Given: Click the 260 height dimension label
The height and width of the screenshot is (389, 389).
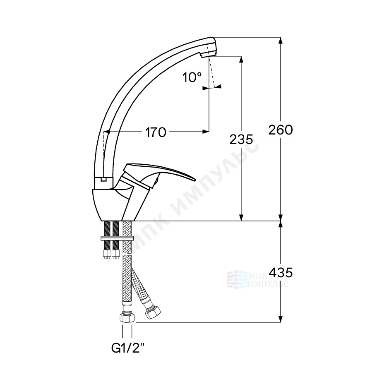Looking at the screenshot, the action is click(x=281, y=130).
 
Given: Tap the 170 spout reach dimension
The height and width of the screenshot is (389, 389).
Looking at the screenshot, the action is click(x=155, y=132).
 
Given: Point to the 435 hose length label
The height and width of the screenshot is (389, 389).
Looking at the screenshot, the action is click(x=281, y=272).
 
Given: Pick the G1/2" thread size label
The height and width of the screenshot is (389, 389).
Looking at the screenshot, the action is click(x=128, y=348).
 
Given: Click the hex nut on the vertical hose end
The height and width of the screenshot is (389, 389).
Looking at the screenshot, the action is click(x=127, y=317).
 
